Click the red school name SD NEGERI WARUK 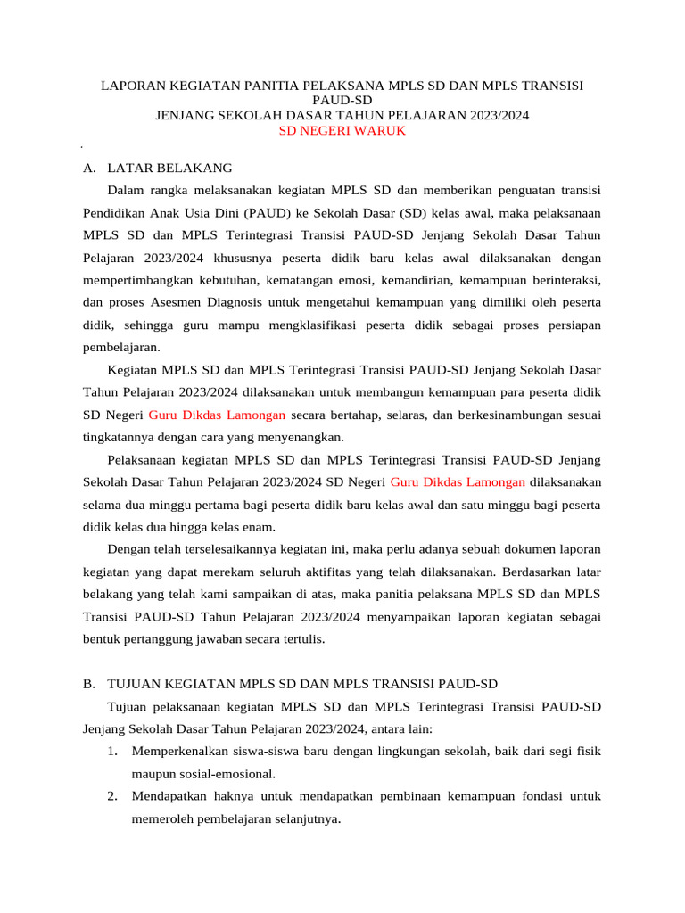[x=342, y=130]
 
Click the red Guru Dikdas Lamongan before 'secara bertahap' [x=217, y=415]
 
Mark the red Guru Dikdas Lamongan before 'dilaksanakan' [x=458, y=481]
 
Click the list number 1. [x=111, y=751]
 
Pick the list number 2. [x=111, y=796]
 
